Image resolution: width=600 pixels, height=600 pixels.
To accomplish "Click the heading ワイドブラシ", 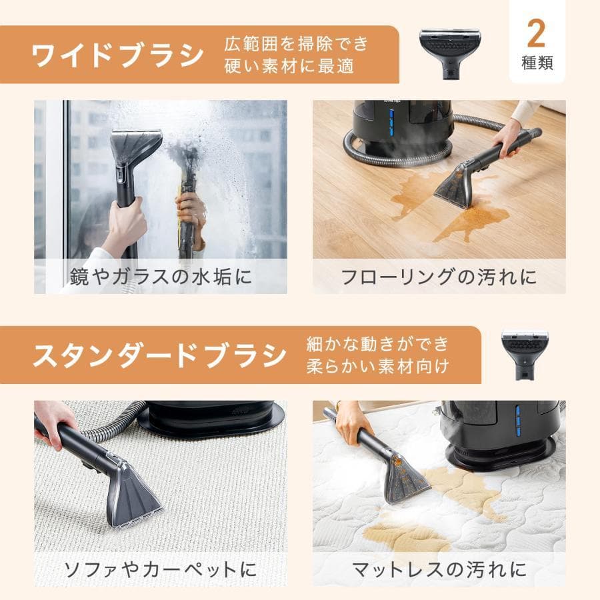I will coord(117,55).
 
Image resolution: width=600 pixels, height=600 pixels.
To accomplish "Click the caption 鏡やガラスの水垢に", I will coord(161,277).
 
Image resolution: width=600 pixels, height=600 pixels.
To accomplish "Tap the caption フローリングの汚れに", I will coord(439,277).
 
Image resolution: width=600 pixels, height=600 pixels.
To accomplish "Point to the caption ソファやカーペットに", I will coord(159,569).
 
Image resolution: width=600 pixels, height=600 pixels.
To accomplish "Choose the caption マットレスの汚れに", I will coord(439,569).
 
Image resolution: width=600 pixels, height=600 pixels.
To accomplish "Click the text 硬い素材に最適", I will coord(290,67).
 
